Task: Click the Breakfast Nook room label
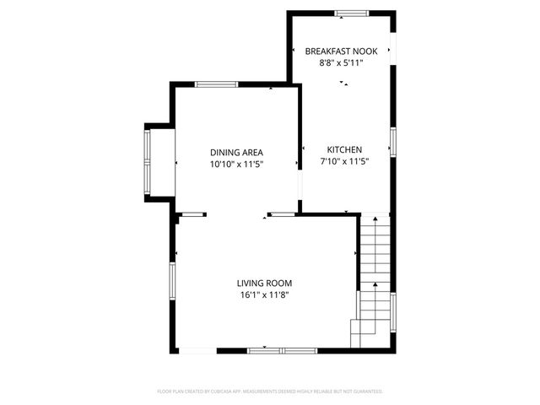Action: point(342,51)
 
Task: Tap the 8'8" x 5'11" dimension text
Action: point(342,62)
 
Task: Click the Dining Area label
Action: point(236,153)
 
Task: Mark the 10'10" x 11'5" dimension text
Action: point(236,165)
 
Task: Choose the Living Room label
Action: point(264,283)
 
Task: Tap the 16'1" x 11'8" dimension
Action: point(264,294)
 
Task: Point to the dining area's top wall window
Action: point(216,84)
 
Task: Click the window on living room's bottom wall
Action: point(282,349)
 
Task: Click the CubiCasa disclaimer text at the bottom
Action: point(270,391)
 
